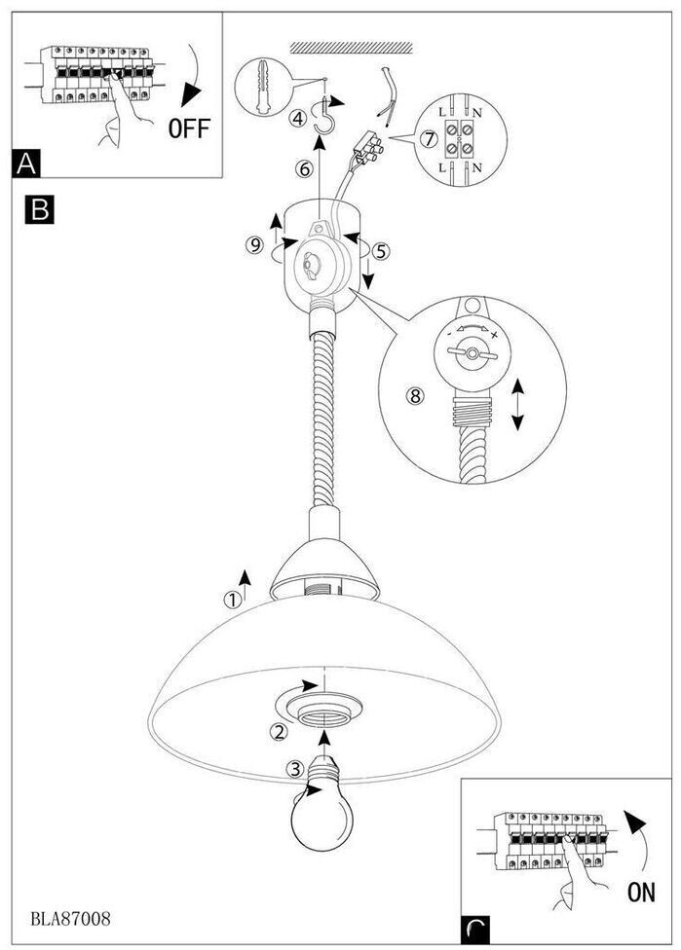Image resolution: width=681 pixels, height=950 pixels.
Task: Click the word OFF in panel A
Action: coord(189,128)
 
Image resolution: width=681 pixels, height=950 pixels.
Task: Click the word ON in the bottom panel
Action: coord(641,892)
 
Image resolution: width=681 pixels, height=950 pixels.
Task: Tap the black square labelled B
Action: coord(39,209)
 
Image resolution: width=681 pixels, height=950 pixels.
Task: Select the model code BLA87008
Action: coord(70,919)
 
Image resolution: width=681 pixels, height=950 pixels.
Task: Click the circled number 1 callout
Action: coord(233,600)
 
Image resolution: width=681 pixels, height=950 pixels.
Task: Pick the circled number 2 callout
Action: coord(279,732)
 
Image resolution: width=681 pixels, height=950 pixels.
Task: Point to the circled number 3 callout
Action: coord(295,769)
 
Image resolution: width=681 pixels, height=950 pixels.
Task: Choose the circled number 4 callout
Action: coord(297,118)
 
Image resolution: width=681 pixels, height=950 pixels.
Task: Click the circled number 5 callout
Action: coord(380,250)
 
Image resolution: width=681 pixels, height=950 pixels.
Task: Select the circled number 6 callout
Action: coord(305,168)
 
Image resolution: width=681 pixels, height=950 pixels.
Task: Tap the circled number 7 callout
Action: coord(429,139)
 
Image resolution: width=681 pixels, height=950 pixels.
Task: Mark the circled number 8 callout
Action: coord(415,396)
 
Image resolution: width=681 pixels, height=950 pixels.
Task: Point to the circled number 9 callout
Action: coord(254,244)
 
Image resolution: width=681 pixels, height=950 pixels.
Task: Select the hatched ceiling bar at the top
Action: coord(351,48)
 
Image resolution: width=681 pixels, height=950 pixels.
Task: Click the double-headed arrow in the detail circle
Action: coord(517,404)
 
